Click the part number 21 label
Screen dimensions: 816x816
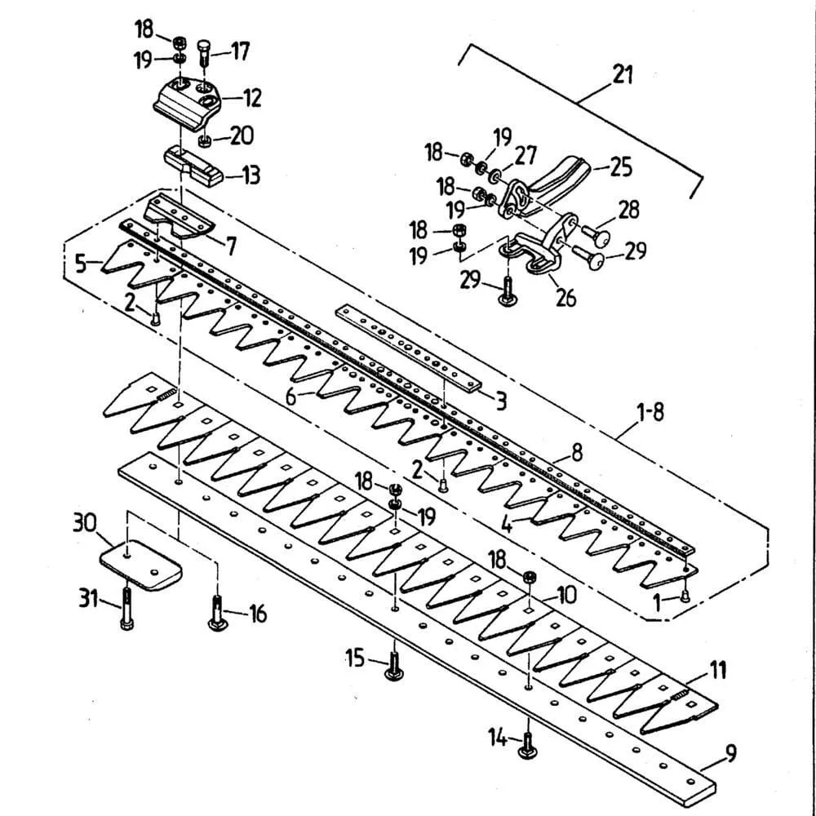click(x=623, y=75)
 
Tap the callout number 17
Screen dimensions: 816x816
click(x=239, y=51)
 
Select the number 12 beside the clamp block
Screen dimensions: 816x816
click(x=251, y=98)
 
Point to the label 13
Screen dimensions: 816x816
click(x=251, y=174)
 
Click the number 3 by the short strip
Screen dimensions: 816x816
click(x=501, y=401)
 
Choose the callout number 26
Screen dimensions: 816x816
click(x=565, y=297)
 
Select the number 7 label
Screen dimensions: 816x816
click(x=231, y=244)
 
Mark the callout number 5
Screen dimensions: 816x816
click(x=80, y=263)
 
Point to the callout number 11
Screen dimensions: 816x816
click(x=716, y=672)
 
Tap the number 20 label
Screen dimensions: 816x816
click(x=241, y=135)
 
